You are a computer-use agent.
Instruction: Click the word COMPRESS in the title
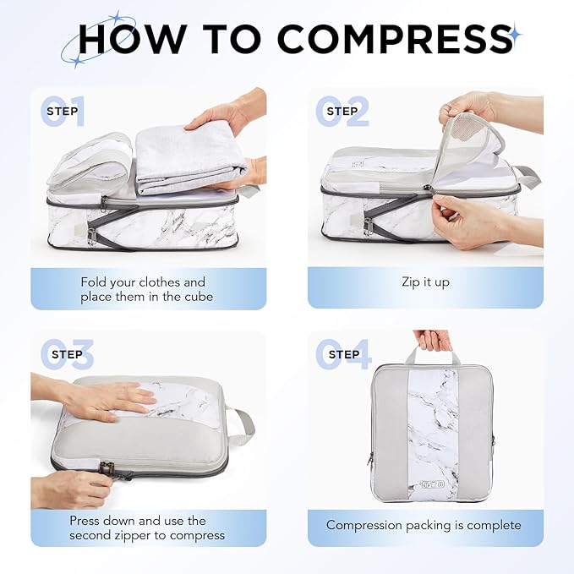pos(394,38)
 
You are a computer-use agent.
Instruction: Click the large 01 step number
pos(64,112)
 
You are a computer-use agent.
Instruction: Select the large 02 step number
pos(342,112)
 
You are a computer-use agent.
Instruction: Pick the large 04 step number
pos(342,355)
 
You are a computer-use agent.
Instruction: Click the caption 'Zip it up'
pos(425,282)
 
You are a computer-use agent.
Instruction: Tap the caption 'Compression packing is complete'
pos(424,525)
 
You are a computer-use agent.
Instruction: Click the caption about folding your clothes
pos(143,289)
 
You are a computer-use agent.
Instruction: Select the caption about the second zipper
pos(147,528)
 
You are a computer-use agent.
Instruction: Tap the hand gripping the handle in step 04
pos(435,339)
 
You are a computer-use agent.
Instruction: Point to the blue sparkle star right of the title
pos(514,36)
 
